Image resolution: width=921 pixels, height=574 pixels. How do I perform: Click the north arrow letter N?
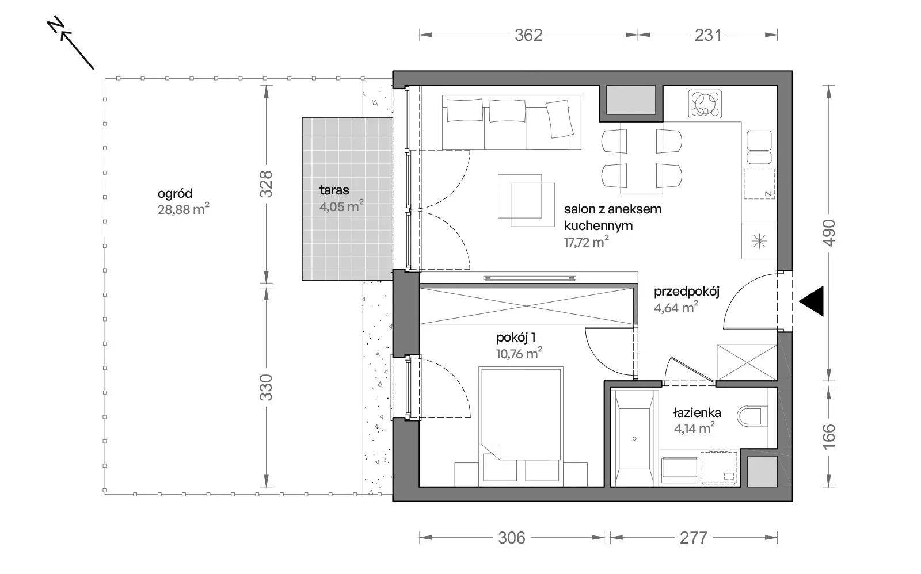[x=55, y=25]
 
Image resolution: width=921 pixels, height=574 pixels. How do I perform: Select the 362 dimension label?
[x=529, y=35]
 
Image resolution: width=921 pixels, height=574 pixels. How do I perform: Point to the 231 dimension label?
[x=708, y=35]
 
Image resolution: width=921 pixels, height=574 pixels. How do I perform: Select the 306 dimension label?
[x=512, y=538]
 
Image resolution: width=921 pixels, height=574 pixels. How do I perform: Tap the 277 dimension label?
[x=693, y=538]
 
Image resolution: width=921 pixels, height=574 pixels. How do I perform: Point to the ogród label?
[x=175, y=193]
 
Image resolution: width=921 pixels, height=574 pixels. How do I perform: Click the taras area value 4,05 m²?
[x=341, y=206]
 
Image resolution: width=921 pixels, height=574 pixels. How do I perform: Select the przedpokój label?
[x=687, y=292]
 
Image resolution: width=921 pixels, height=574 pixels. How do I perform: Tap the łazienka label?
[x=697, y=412]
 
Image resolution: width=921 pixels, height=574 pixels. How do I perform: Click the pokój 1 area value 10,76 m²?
[x=519, y=353]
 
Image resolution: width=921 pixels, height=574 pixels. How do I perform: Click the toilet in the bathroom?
[x=752, y=416]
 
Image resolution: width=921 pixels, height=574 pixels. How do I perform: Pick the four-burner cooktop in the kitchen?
[x=705, y=104]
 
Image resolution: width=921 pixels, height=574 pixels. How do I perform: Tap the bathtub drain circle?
[x=634, y=439]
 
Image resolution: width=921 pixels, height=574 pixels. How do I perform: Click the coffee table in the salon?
[x=526, y=201]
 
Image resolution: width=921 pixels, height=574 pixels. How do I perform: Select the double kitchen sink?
[x=759, y=147]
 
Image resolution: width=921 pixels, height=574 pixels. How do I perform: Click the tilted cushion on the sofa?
[x=559, y=118]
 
